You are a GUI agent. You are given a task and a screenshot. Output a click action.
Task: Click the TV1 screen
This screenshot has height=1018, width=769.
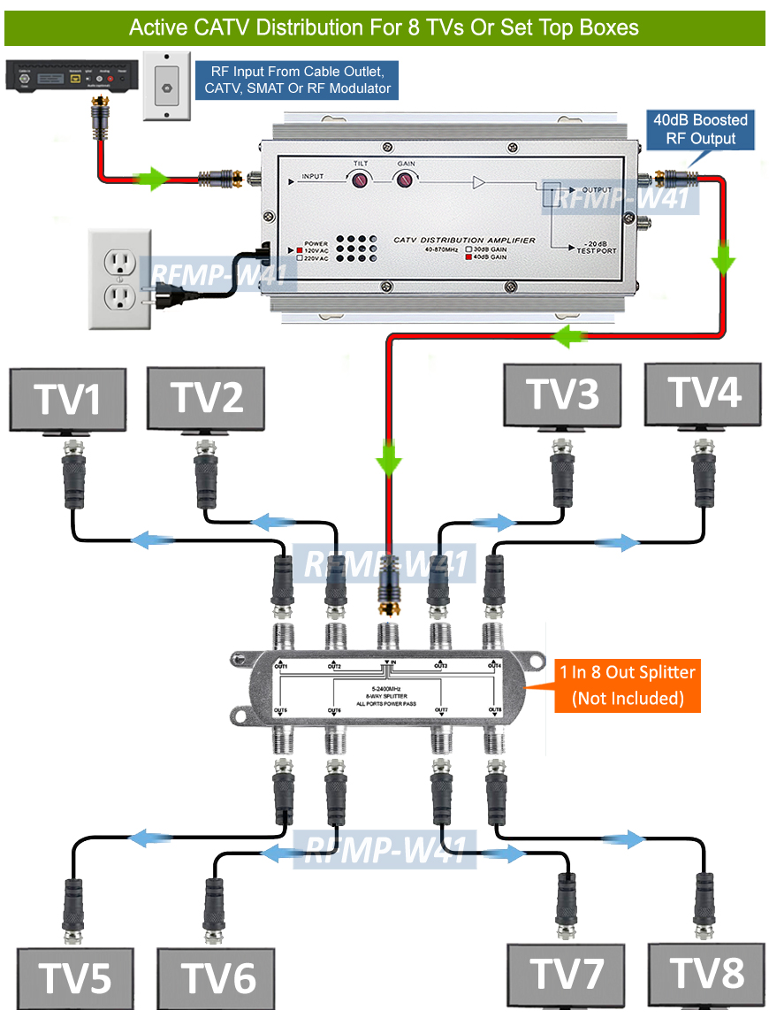(x=67, y=399)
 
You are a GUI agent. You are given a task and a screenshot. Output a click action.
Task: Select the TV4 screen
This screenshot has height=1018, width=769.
(x=703, y=394)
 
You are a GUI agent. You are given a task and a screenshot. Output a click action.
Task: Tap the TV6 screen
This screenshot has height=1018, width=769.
(x=217, y=978)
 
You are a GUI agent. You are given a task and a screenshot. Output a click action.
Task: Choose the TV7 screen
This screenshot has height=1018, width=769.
(x=567, y=975)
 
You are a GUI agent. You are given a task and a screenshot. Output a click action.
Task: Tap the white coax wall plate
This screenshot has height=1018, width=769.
(x=166, y=85)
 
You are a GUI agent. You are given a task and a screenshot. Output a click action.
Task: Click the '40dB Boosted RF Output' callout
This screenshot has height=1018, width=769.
(x=700, y=129)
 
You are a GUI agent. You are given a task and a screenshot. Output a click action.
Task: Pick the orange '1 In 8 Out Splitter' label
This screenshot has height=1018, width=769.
(x=628, y=685)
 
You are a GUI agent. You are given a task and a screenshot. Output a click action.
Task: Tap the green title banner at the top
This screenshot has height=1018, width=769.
(x=384, y=27)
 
